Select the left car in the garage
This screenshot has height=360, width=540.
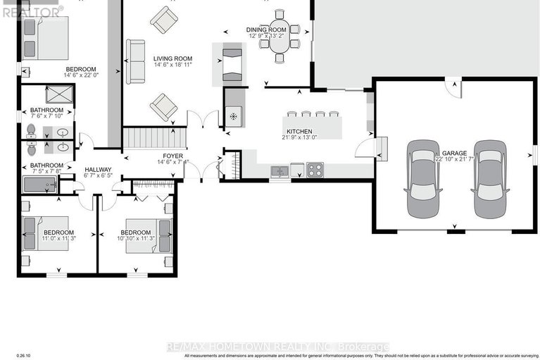click(422, 180)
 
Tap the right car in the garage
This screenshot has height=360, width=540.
click(490, 180)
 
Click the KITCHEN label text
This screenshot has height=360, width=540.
click(299, 131)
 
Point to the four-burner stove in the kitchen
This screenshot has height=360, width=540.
click(315, 170)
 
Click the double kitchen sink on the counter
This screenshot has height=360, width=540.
click(280, 170)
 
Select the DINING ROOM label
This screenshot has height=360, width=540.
click(265, 29)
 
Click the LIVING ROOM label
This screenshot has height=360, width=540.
click(173, 58)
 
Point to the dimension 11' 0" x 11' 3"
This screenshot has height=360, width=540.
click(58, 240)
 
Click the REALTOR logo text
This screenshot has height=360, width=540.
click(31, 11)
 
